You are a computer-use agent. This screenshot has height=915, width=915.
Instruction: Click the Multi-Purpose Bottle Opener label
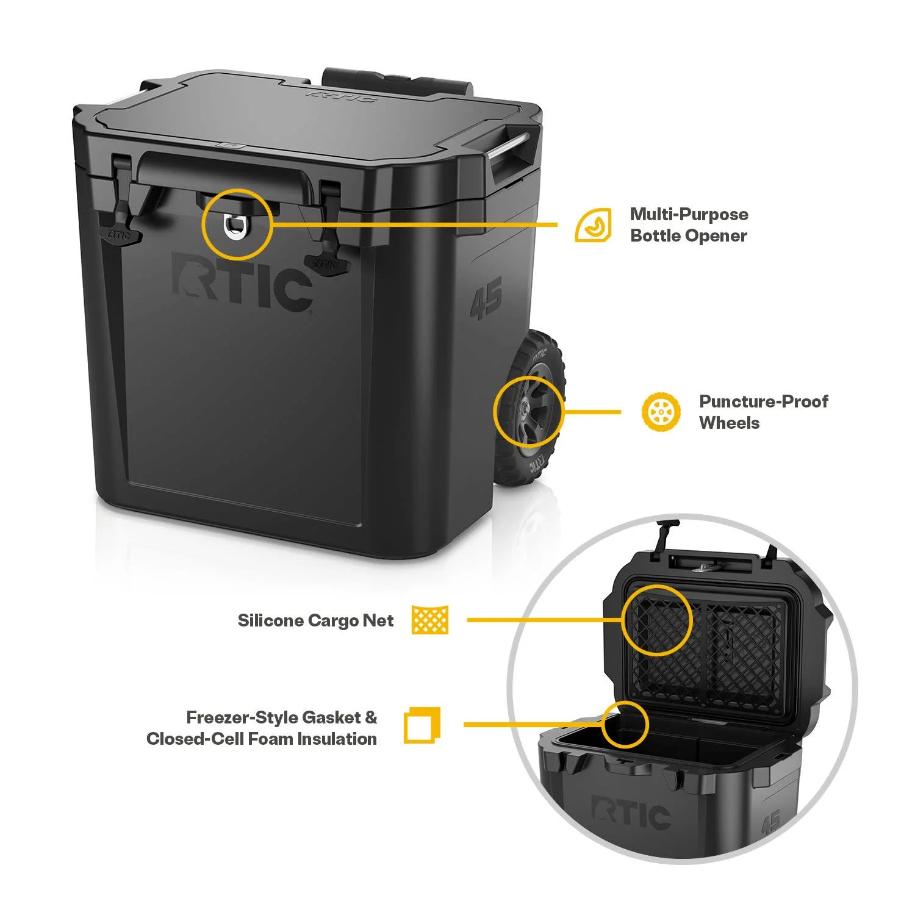point(689,225)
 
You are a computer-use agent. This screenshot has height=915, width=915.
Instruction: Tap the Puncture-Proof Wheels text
point(764,412)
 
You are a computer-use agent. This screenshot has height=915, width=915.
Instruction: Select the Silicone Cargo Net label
point(315,621)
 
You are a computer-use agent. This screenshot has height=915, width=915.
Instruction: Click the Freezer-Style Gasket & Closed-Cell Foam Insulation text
point(262,728)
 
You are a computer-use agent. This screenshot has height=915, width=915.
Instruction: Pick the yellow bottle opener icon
point(594,225)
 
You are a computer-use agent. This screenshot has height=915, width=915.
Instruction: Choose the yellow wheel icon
point(661,412)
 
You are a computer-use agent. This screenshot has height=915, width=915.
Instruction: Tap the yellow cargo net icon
point(430,620)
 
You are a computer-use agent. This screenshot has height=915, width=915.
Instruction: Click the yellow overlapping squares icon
point(422,725)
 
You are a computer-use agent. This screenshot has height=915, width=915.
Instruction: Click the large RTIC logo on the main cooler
point(243,282)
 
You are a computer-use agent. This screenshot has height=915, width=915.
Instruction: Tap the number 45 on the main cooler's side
point(486,298)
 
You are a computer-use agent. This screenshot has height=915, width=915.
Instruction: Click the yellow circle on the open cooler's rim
point(625,724)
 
